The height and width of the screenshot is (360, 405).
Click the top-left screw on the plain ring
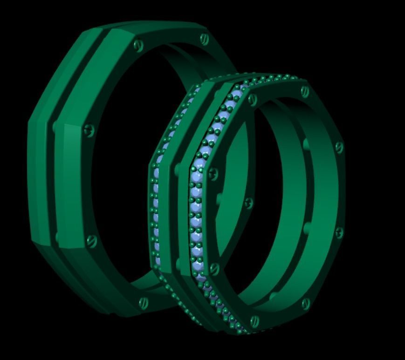tap(137, 45)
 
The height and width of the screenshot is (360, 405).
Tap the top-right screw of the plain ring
tap(204, 39)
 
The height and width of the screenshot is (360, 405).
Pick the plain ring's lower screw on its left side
tap(92, 241)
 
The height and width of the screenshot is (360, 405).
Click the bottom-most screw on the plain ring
tap(144, 302)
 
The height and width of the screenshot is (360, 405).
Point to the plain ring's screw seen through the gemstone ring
tap(249, 203)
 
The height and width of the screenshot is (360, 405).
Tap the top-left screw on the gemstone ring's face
tap(253, 98)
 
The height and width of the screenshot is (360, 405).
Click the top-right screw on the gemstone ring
tap(305, 91)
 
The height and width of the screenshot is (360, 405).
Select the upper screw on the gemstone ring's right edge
tap(339, 148)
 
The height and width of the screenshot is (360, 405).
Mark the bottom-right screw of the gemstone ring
tap(305, 304)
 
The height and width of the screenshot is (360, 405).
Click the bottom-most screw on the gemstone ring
tap(254, 320)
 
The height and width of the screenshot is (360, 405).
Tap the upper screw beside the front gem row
tap(213, 174)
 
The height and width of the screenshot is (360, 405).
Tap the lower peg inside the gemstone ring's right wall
tap(307, 228)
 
